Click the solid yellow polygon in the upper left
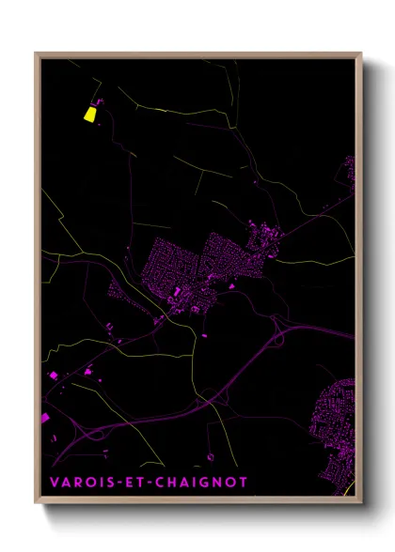(x=90, y=115)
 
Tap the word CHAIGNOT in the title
(x=210, y=483)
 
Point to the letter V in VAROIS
(x=55, y=483)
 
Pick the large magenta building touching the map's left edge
(x=44, y=417)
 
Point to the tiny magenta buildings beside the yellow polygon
(x=100, y=102)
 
